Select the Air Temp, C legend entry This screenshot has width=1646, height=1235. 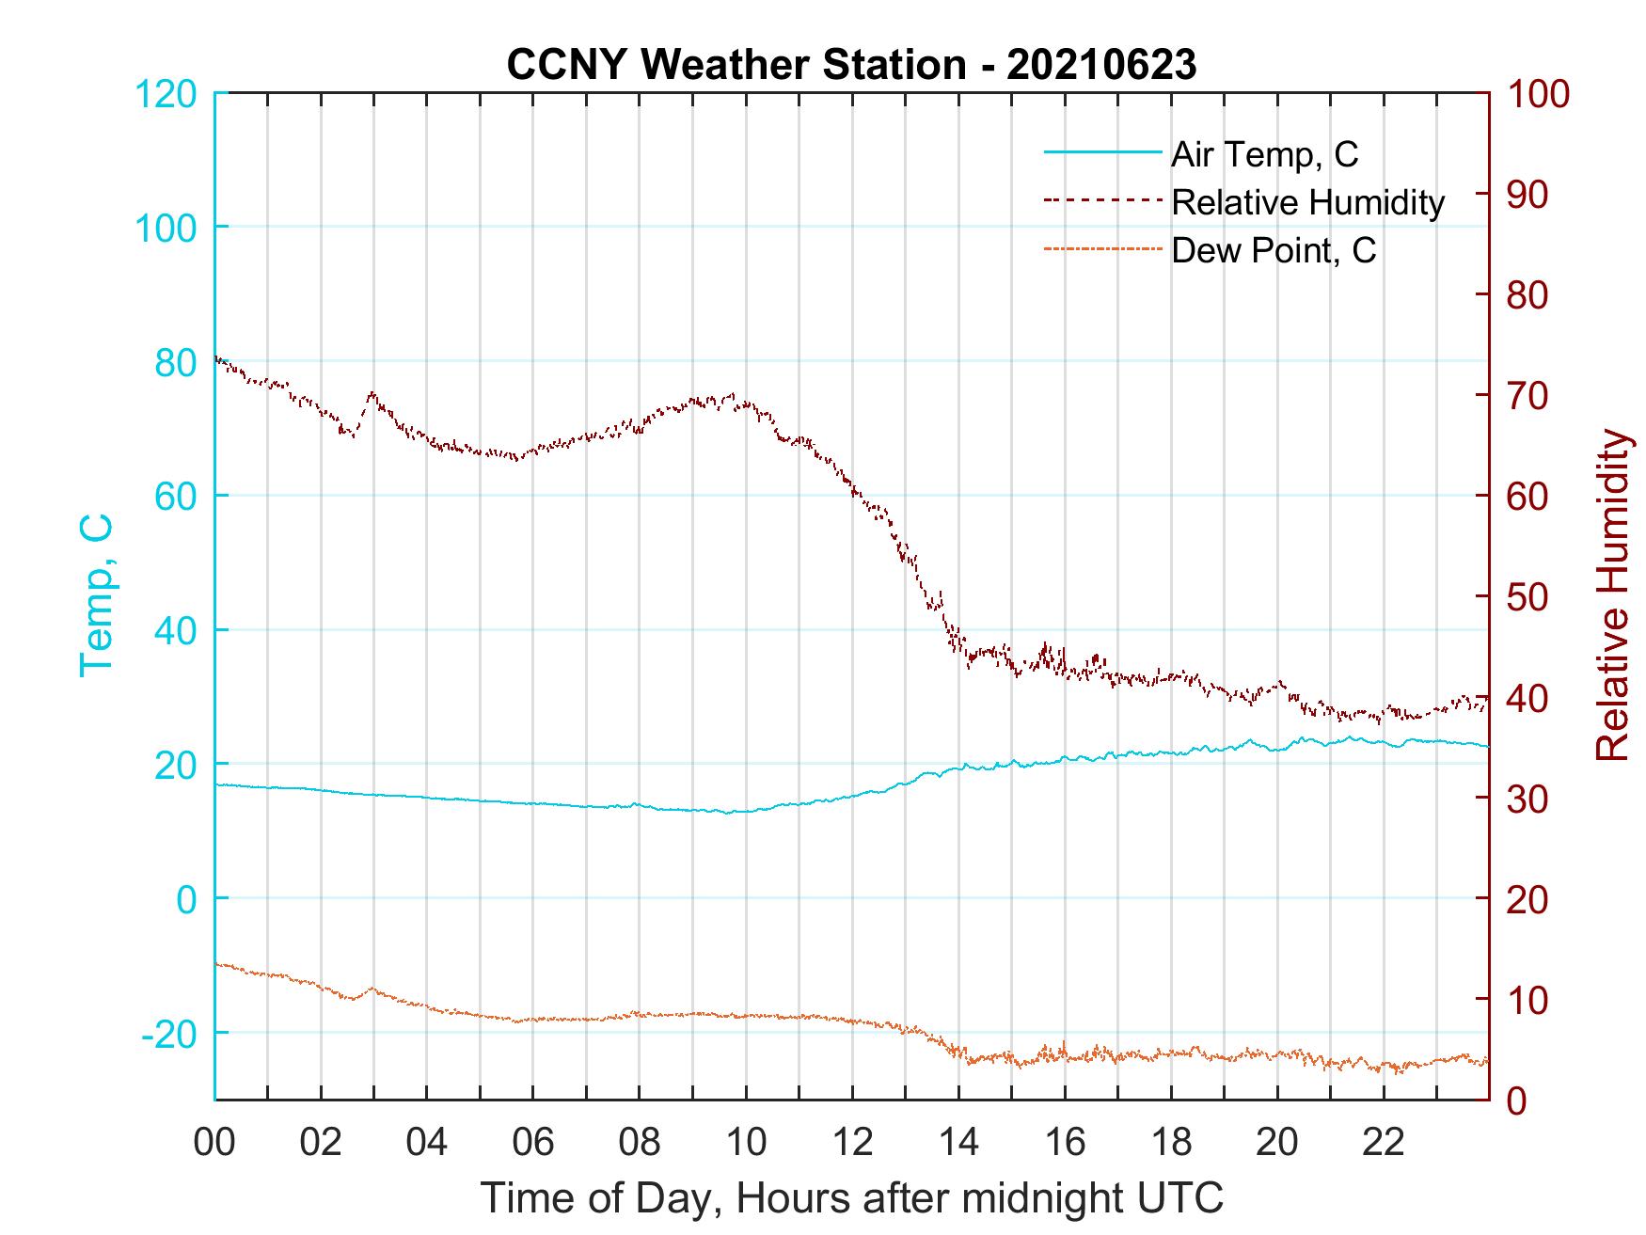coord(1264,154)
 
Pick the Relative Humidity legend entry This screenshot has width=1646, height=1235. coord(1307,202)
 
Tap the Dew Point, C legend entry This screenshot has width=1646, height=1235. coord(1274,250)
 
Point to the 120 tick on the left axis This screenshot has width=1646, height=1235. coord(167,94)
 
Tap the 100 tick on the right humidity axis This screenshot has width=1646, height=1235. coord(1538,94)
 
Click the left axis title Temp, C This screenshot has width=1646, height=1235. coord(96,594)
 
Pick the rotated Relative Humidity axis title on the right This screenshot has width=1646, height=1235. coord(1612,594)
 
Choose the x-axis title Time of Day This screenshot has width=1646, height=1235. coord(851,1198)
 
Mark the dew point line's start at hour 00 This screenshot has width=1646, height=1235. coord(216,964)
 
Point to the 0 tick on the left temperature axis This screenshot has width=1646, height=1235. coord(188,899)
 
